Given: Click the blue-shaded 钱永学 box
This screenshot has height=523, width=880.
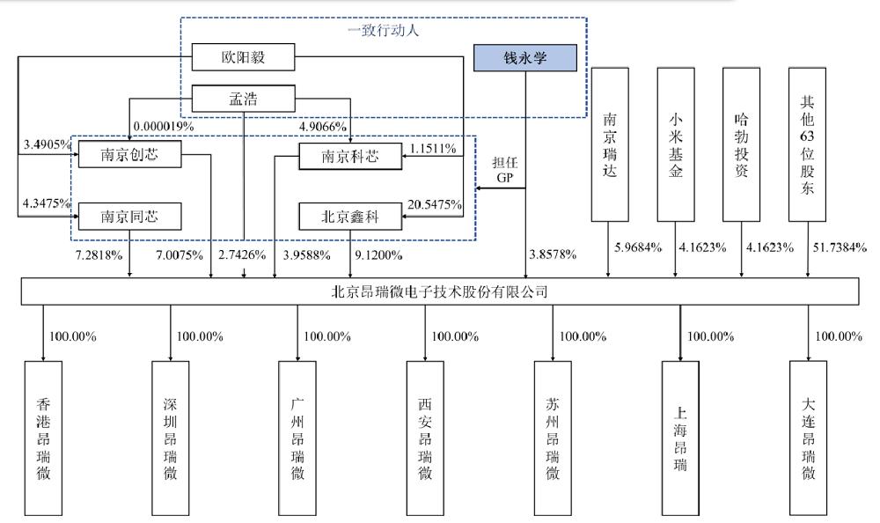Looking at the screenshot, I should coord(525,58).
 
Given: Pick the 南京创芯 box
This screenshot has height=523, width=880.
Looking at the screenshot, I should coord(129,156).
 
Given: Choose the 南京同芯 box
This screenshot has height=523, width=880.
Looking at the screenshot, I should coord(129,215).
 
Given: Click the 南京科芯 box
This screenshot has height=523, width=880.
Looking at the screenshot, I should coord(350,156).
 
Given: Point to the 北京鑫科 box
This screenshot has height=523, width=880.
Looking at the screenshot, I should coord(350,215).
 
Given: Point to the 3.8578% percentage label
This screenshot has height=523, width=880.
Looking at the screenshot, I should coord(552,254).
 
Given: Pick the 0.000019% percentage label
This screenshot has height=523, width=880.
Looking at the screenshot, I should coord(166,126).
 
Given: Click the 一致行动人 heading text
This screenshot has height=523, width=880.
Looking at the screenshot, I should coord(381,29).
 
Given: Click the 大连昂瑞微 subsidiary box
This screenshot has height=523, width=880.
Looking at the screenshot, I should coord(808,438).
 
